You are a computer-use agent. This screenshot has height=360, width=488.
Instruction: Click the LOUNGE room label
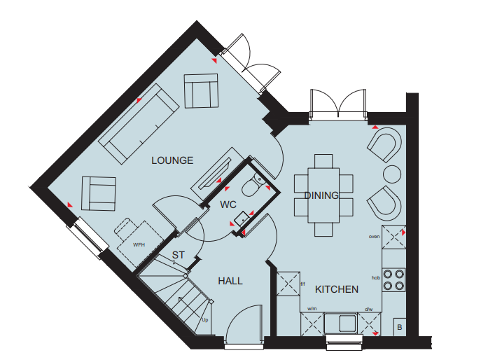click(172, 160)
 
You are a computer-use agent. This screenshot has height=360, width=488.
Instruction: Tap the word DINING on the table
click(321, 195)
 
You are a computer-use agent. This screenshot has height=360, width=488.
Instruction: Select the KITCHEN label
click(337, 289)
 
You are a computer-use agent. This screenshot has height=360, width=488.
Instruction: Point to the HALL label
click(230, 281)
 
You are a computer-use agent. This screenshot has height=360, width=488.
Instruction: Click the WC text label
click(228, 205)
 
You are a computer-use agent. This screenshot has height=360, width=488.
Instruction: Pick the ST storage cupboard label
click(178, 255)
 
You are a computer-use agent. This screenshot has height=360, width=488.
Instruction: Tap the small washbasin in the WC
click(242, 219)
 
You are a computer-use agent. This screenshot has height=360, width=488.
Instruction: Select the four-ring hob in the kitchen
click(393, 279)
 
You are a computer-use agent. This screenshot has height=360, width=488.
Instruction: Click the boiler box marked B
click(400, 327)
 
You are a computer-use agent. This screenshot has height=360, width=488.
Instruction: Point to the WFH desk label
click(139, 244)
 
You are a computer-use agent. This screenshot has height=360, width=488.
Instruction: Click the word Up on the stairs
click(204, 320)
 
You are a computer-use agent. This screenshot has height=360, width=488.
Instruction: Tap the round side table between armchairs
click(392, 174)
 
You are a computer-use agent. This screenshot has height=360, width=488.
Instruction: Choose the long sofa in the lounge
click(139, 124)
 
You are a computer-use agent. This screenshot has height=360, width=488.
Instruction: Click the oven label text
click(374, 237)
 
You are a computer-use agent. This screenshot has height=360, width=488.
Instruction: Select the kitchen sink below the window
click(341, 324)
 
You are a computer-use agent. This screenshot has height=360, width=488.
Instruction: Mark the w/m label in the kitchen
click(312, 309)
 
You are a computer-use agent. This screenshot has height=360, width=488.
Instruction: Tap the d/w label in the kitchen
click(368, 310)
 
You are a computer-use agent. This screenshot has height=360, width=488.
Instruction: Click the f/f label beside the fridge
click(303, 284)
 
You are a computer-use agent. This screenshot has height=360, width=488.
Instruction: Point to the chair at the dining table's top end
click(323, 161)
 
